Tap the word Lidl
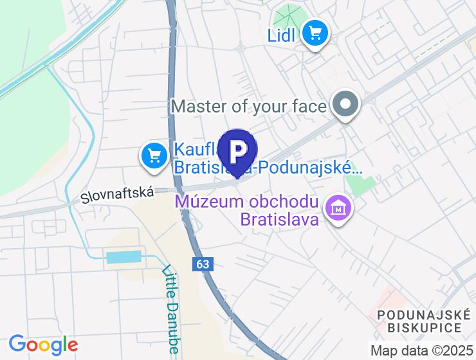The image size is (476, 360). coord(281,34)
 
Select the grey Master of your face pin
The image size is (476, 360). coord(346,104)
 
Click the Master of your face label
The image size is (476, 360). coord(249,105)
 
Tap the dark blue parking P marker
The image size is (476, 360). coord(238,152)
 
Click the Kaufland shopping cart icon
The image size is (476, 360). coord(154,156)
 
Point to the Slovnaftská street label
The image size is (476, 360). coord(117,195)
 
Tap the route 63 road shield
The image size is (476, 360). coord(201,264)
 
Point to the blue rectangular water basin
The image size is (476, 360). coord(123,258)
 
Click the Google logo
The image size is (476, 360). coord(43,345)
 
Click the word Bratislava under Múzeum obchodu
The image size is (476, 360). coord(280,220)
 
